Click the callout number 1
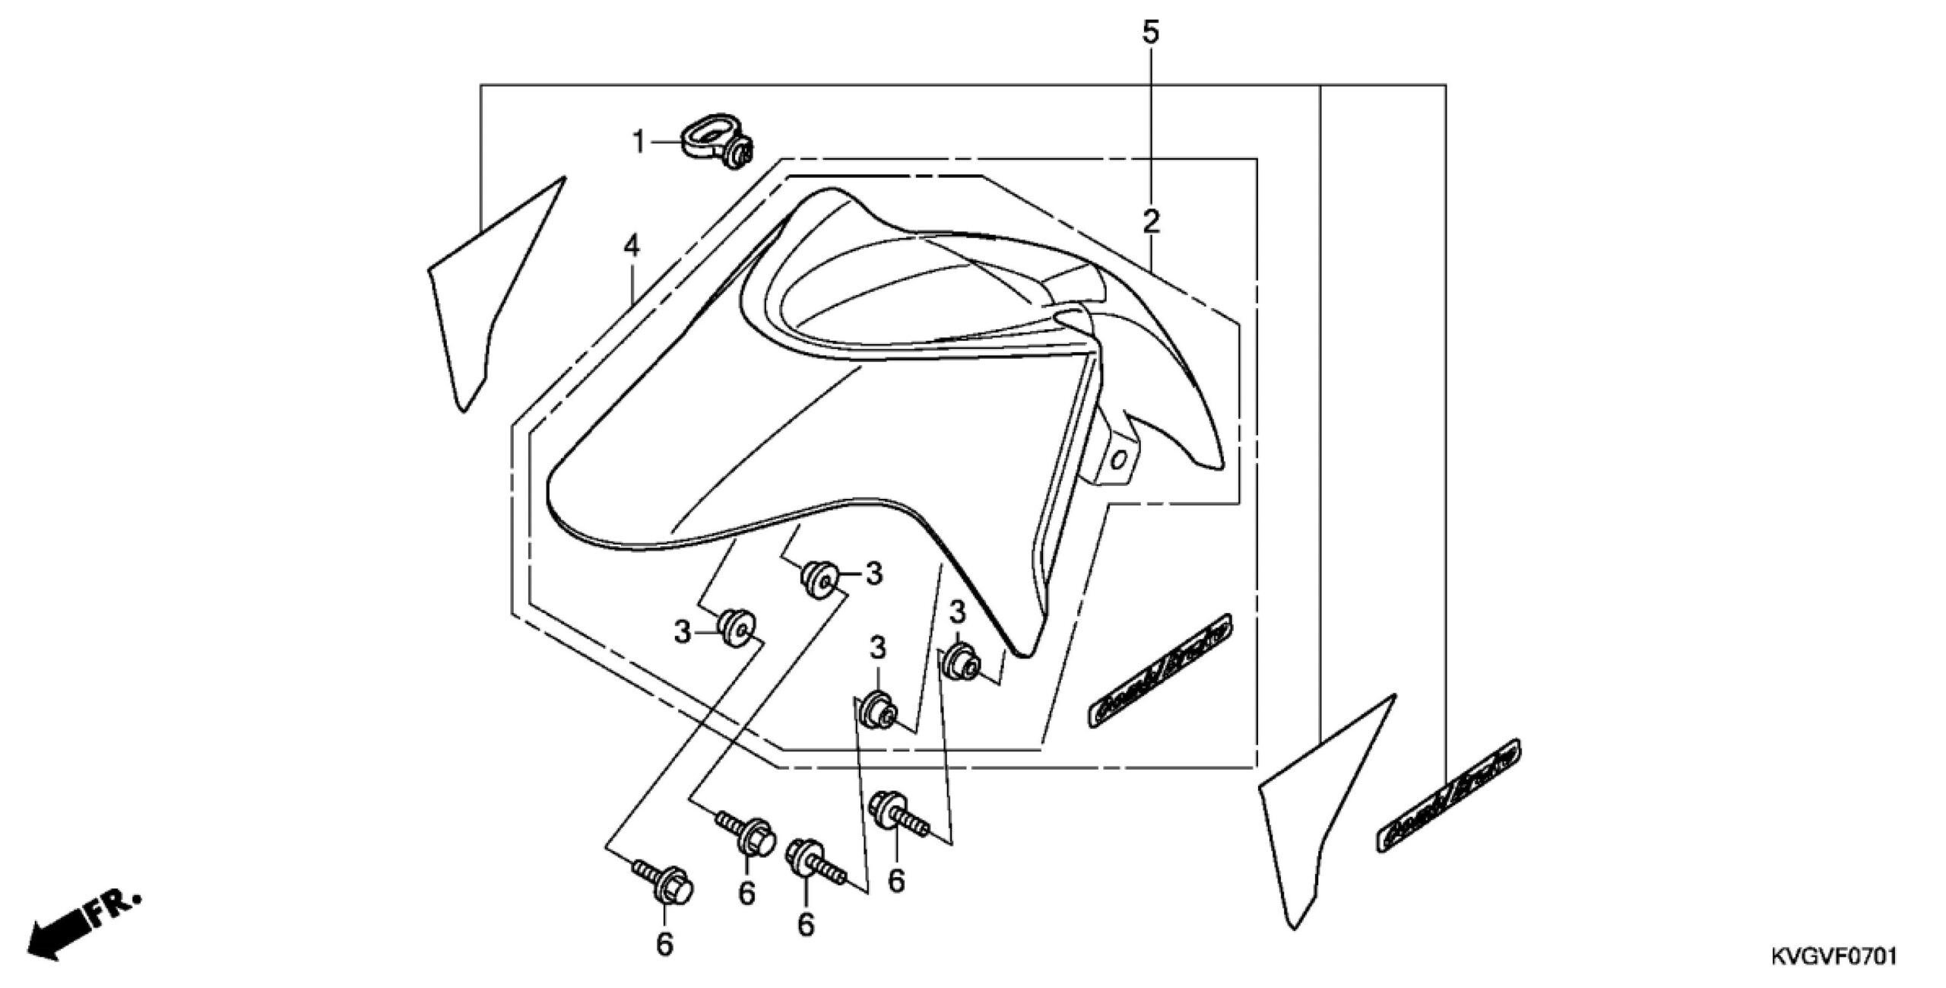click(x=639, y=141)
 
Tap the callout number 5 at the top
click(x=1151, y=34)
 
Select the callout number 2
click(x=1151, y=222)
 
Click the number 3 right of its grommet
click(x=874, y=573)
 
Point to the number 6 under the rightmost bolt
click(x=897, y=881)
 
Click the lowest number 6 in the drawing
click(x=664, y=945)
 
